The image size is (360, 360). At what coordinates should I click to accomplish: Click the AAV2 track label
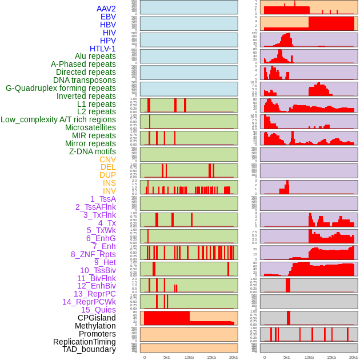click(106, 9)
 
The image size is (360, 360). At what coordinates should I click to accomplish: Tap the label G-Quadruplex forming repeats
click(61, 88)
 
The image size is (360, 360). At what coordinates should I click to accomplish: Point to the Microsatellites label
click(90, 127)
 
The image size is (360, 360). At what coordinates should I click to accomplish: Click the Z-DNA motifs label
click(92, 151)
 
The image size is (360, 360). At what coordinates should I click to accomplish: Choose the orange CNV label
click(107, 159)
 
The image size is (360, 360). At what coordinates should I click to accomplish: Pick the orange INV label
click(109, 191)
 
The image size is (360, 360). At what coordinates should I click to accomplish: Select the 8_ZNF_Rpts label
click(93, 254)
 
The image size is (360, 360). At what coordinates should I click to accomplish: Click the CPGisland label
click(97, 318)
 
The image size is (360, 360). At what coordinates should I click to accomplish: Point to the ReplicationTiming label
click(84, 342)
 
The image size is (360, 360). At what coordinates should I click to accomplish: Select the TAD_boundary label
click(89, 349)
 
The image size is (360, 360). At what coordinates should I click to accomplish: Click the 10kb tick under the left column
click(189, 357)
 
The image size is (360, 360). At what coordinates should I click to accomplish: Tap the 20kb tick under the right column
click(354, 357)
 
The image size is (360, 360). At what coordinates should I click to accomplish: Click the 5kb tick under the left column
click(166, 357)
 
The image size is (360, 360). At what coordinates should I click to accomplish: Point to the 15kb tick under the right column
click(331, 357)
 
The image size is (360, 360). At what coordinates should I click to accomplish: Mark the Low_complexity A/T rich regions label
click(58, 119)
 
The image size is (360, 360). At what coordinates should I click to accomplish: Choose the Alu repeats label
click(95, 56)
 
